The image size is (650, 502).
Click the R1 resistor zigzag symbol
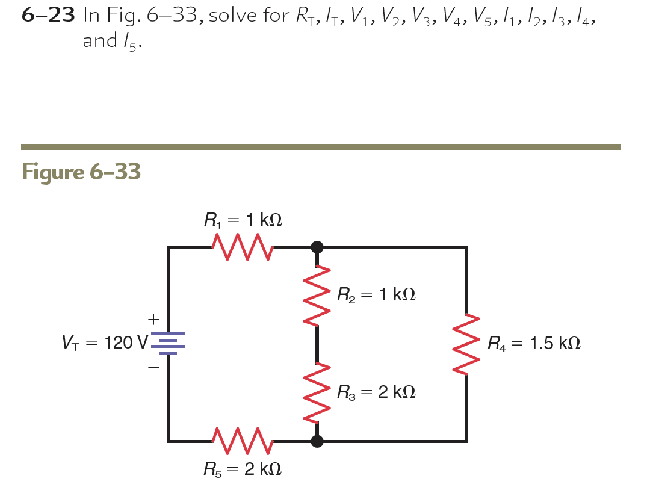(243, 246)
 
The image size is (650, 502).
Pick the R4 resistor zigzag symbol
(466, 344)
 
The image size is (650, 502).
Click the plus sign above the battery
(154, 317)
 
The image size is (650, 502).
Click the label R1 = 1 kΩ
(243, 220)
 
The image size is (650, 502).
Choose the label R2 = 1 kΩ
(376, 295)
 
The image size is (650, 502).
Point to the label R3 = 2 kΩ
(376, 392)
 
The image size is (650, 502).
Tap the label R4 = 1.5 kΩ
(534, 344)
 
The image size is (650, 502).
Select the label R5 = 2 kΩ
(243, 468)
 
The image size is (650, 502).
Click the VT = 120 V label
(104, 344)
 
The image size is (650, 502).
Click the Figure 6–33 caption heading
(81, 172)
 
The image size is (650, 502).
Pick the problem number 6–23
(48, 16)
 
